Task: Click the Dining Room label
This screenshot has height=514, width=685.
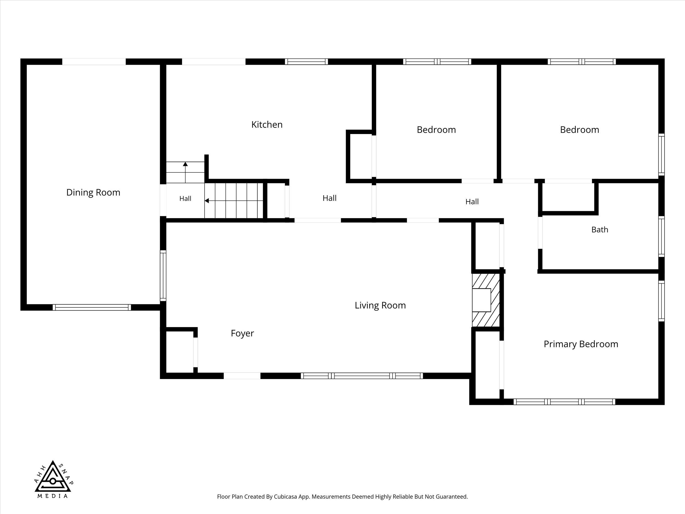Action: coord(93,192)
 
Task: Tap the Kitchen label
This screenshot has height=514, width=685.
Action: coord(267,124)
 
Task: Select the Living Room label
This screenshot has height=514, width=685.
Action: coord(380,305)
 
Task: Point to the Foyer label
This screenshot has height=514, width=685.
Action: coord(242,333)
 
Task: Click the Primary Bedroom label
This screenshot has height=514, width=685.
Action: coord(581,344)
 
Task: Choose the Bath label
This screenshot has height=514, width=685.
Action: coord(600,229)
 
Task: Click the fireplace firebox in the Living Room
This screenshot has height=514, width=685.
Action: coord(481,300)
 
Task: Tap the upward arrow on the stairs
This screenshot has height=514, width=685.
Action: coord(185,172)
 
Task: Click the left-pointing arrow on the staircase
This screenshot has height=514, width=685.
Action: coord(234,201)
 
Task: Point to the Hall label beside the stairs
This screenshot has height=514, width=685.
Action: coord(185,198)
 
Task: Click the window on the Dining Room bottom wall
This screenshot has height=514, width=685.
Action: coord(92,307)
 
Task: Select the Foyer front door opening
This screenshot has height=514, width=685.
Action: coord(242,376)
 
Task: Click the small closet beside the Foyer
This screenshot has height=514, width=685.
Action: coord(180,352)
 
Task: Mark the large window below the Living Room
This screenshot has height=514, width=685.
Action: coord(362,376)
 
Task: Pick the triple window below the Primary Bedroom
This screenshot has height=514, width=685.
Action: coord(564,402)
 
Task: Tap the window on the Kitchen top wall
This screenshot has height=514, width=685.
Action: coord(306,62)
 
